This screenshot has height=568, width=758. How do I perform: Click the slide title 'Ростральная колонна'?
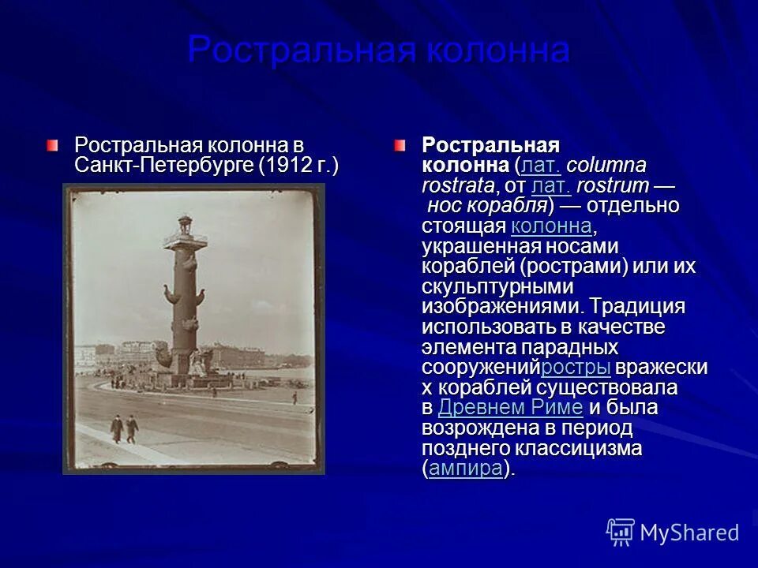(x=378, y=50)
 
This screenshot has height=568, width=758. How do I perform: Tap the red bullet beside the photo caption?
(x=51, y=145)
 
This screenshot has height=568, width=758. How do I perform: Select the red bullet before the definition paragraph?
(x=400, y=145)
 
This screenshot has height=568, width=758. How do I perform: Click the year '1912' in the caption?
(x=298, y=166)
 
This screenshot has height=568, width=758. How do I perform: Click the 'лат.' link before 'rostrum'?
(x=551, y=186)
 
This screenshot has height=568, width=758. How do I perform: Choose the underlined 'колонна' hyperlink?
(x=551, y=226)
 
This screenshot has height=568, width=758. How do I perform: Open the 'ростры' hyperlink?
(x=576, y=368)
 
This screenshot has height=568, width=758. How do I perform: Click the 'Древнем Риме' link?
(x=510, y=408)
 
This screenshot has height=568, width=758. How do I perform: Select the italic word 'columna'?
(x=606, y=166)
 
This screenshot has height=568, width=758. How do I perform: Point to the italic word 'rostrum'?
(x=613, y=186)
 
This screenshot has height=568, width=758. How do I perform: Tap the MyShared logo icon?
(x=620, y=532)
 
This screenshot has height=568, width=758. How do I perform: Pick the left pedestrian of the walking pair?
(x=117, y=428)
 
